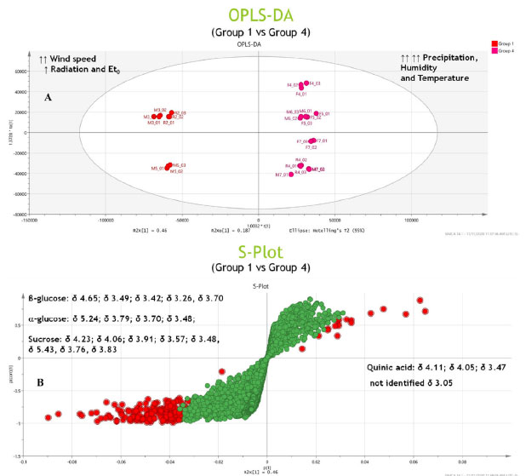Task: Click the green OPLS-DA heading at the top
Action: [x=262, y=15]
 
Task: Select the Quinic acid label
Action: [x=386, y=366]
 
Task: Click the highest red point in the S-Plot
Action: [x=420, y=301]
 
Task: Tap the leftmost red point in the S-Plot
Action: [x=47, y=416]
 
